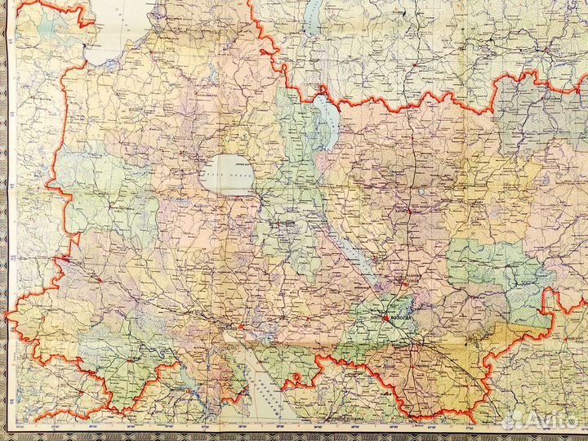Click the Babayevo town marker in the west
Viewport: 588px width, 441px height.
point(98,278)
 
